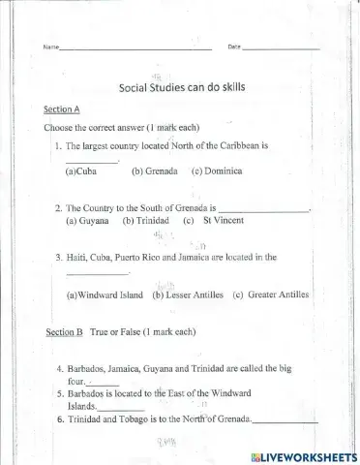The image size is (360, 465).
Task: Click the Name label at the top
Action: tap(50, 46)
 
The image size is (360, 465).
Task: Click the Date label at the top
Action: tap(233, 46)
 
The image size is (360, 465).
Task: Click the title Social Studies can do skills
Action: tap(182, 86)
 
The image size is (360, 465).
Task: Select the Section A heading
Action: tap(62, 109)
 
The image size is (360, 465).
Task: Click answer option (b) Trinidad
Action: tap(145, 220)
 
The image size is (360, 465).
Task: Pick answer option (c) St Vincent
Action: tap(211, 220)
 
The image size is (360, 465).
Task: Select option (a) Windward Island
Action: tap(104, 294)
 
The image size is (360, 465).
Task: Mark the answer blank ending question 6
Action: tap(285, 421)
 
